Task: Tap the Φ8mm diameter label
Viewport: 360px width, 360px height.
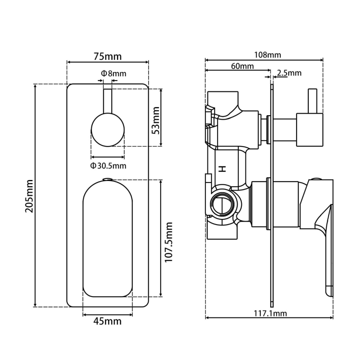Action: (114, 73)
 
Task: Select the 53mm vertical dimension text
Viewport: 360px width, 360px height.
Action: (156, 120)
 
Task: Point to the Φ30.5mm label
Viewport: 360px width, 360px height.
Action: (108, 165)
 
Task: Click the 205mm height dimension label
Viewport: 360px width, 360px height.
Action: (29, 196)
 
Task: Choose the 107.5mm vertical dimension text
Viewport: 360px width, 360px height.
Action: (169, 242)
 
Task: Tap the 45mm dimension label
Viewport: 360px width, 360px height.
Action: (107, 321)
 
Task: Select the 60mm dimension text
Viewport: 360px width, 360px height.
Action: (242, 66)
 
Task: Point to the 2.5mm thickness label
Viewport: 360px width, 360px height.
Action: (289, 73)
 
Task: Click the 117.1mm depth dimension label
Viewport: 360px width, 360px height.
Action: (269, 313)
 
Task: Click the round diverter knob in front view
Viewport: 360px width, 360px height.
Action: (108, 129)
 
